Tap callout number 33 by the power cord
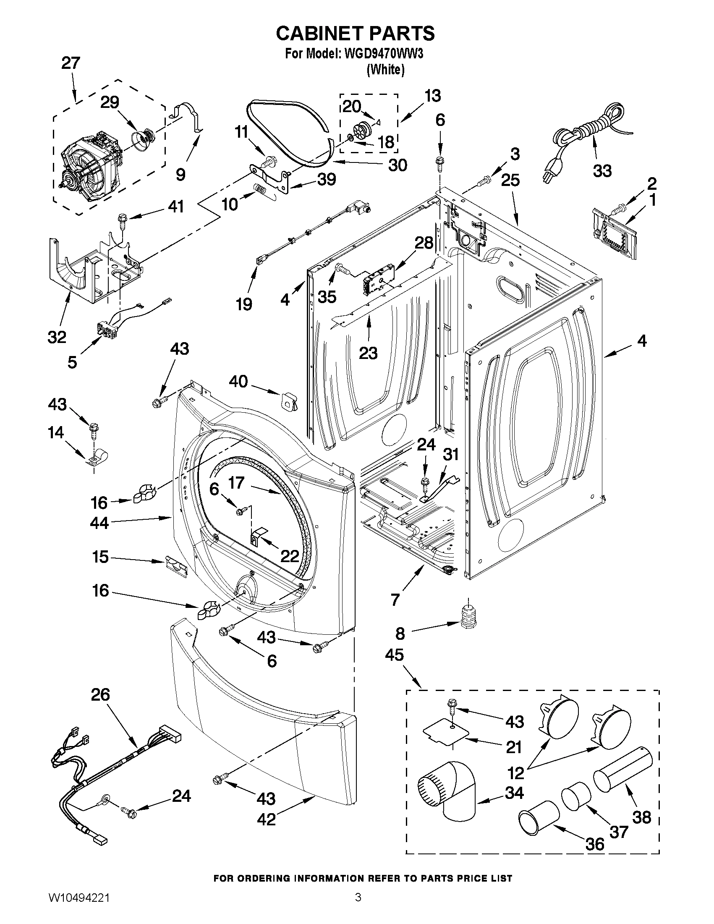coord(602,171)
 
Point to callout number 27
coord(71,63)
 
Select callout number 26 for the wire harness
coord(100,695)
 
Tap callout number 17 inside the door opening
coord(236,482)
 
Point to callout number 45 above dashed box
coord(394,655)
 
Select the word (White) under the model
coord(385,69)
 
